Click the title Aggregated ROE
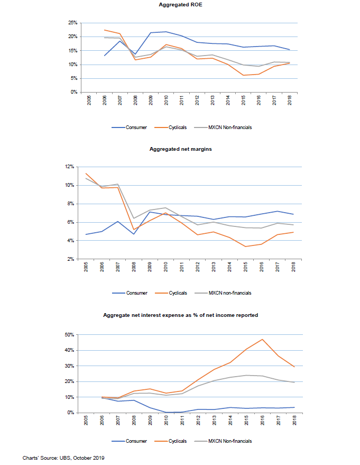(x=180, y=5)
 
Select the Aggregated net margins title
(x=180, y=149)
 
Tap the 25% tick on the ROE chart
(x=73, y=23)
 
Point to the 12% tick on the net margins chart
(x=70, y=167)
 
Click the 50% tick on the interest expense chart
(x=69, y=334)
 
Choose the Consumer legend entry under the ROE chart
(x=129, y=127)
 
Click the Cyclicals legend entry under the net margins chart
(x=171, y=293)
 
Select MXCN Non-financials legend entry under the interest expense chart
(x=223, y=441)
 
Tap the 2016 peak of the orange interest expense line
(x=262, y=339)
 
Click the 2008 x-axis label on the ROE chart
(x=135, y=100)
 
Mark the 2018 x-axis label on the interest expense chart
(x=294, y=420)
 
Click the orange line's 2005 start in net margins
(x=86, y=174)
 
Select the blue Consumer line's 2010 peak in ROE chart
(x=166, y=32)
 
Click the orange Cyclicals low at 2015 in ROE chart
(x=243, y=75)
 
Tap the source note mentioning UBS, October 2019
(x=63, y=458)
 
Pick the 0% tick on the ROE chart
(x=74, y=92)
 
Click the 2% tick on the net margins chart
(x=71, y=259)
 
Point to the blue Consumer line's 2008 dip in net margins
(x=134, y=234)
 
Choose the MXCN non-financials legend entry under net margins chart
(x=223, y=293)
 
